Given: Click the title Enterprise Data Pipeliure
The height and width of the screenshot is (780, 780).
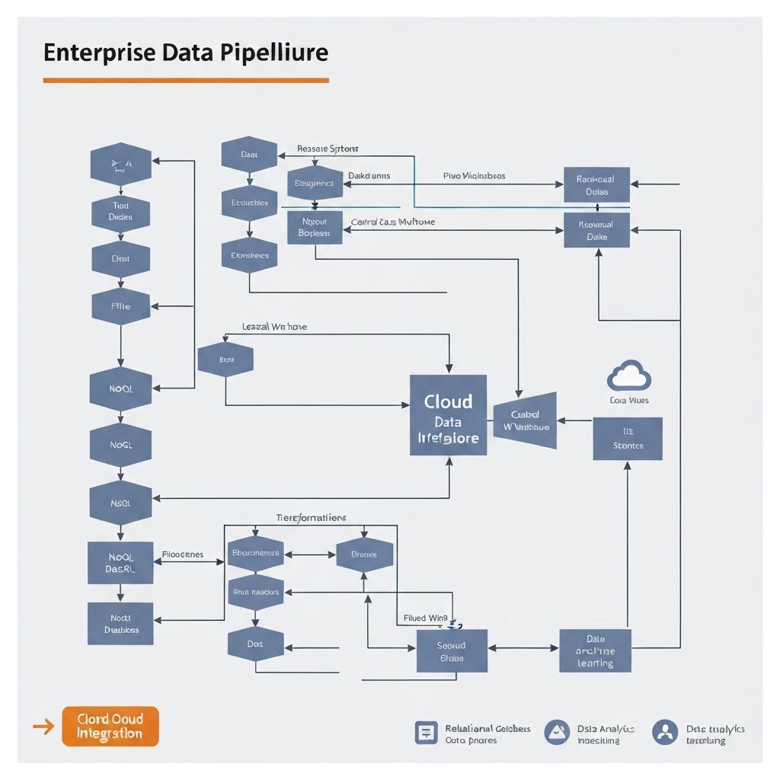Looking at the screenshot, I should pos(185,53).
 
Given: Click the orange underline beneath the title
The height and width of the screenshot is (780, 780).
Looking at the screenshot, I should pos(185,79).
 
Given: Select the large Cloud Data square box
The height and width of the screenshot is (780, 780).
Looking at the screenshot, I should pos(448,415).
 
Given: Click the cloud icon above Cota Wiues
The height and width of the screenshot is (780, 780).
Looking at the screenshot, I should pos(628,376).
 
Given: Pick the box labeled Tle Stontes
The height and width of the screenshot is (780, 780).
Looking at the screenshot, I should pos(628,439).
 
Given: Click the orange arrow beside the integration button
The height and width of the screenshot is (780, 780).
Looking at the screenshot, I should pos(44,727).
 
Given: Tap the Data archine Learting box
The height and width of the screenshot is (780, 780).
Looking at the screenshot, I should pos(595,651).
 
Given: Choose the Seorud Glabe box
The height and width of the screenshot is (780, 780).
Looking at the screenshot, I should pos(451,651).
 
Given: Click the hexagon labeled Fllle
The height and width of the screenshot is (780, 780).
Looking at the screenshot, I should pos(120,306).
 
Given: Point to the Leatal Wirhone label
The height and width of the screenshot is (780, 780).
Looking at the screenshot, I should pos(274,326).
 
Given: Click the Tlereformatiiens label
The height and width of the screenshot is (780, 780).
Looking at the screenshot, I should pos(311,517).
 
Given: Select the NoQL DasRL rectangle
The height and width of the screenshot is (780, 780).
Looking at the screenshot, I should pos(120,562).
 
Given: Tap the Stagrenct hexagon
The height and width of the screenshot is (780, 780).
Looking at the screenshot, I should pos(314,183).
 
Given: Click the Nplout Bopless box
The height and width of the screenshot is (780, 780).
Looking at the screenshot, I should pos(314,227).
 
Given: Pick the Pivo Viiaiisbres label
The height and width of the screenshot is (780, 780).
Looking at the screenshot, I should pos(474,175).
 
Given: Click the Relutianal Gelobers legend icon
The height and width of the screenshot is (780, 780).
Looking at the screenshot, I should pos(426,732).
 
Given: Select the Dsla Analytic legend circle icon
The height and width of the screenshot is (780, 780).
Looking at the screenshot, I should pos(557,732).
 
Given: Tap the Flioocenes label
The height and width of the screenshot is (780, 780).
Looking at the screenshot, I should pos(183,555).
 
